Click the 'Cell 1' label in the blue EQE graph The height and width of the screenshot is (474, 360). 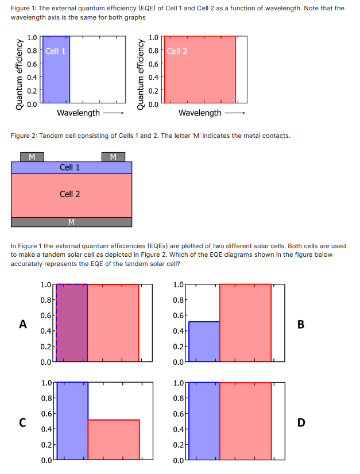[55, 51]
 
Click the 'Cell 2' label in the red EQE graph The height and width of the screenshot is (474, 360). [177, 51]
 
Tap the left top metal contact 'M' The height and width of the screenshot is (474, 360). [32, 156]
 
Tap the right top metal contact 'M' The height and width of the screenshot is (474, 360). [113, 156]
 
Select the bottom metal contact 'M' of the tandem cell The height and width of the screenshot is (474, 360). [71, 222]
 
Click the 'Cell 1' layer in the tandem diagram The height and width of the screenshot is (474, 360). [69, 167]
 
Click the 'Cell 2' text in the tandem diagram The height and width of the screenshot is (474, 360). [69, 194]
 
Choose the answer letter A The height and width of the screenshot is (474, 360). [23, 324]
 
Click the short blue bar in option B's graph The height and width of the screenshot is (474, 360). [204, 342]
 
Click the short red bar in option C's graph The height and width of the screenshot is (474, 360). [114, 440]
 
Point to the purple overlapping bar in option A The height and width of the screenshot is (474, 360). [72, 323]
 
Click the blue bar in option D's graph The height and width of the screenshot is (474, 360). [204, 421]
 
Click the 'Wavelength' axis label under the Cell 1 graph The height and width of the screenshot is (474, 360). [79, 113]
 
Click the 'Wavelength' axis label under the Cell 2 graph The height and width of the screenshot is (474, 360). [200, 113]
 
